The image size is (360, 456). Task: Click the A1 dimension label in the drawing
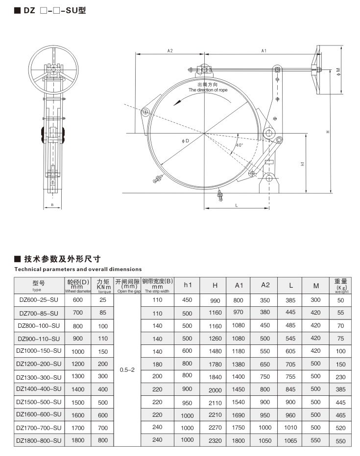point(264,51)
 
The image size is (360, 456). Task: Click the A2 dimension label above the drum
point(170,51)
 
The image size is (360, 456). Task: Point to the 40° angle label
point(239,145)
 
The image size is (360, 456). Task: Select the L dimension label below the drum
point(236,205)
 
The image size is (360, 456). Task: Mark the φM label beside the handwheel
point(338,71)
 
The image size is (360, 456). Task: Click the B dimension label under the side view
point(52,205)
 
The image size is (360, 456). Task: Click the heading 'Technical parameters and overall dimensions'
point(78,269)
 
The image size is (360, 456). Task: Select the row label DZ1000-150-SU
point(39,351)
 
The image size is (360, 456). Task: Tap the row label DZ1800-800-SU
point(39,440)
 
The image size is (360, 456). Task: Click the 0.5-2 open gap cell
point(127,370)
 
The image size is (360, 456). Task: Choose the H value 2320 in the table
point(215,441)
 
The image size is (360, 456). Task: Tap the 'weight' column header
point(341,291)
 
